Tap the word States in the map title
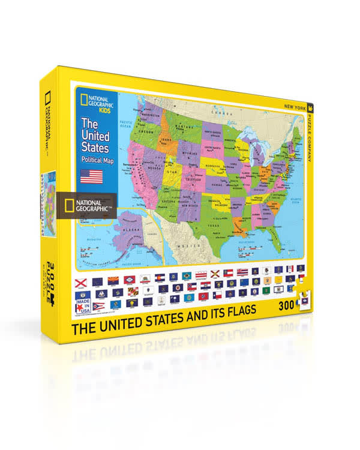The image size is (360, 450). click(x=95, y=147)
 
